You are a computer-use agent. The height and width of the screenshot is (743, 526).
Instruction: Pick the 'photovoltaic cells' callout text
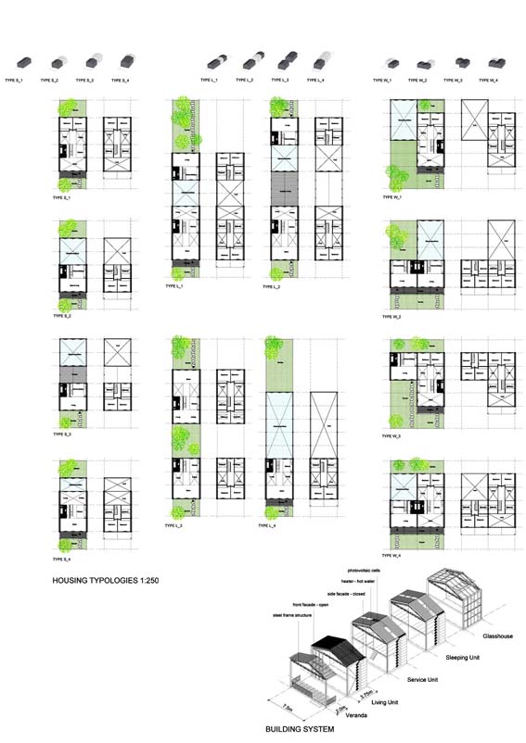point(365,572)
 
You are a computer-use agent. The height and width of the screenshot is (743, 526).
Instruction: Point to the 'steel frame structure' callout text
point(290,615)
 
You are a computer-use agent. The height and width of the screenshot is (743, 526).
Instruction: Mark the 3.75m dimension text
point(365,692)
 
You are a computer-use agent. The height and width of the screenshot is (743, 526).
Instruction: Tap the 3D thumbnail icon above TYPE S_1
point(26,61)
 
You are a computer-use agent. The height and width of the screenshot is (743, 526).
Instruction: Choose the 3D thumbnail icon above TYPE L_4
point(320,61)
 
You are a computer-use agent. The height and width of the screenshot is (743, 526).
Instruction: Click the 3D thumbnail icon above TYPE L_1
point(216,61)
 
